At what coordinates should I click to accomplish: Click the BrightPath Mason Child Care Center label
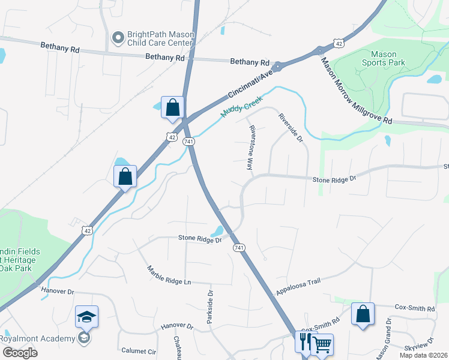click(160, 39)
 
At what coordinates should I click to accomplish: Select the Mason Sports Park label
click(384, 58)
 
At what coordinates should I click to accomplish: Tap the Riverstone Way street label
click(251, 148)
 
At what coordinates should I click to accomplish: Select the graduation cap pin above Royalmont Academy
click(86, 316)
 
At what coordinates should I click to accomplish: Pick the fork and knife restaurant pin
click(305, 341)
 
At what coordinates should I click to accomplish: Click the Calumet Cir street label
click(139, 350)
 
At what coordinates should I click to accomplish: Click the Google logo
click(19, 352)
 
